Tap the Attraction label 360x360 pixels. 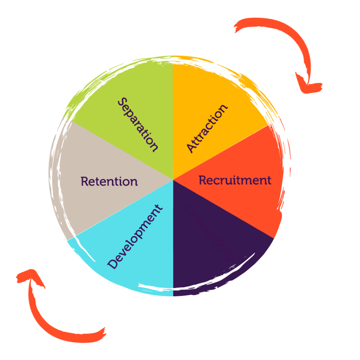(x=207, y=128)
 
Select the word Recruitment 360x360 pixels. (x=235, y=180)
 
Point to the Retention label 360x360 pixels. (x=109, y=181)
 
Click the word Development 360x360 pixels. (x=135, y=237)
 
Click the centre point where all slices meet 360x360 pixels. (x=173, y=180)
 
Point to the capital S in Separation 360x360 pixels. (x=123, y=103)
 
